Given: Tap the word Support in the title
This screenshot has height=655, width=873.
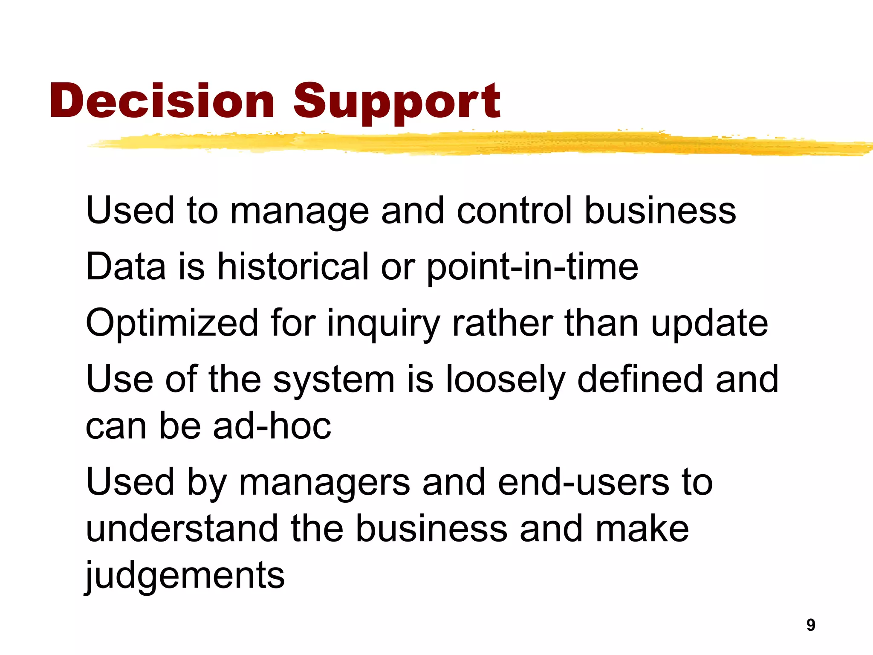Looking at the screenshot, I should coord(396,102).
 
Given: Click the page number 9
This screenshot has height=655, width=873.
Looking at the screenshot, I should coord(811,625).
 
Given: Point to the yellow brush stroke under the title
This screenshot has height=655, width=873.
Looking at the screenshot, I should coord(477,143).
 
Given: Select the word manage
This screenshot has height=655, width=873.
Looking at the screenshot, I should coord(299,212).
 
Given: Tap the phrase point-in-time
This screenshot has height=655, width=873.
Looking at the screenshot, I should coord(532,268).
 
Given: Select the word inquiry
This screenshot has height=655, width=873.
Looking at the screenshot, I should coord(383,324).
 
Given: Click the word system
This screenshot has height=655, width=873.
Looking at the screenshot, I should coord(334,380).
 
